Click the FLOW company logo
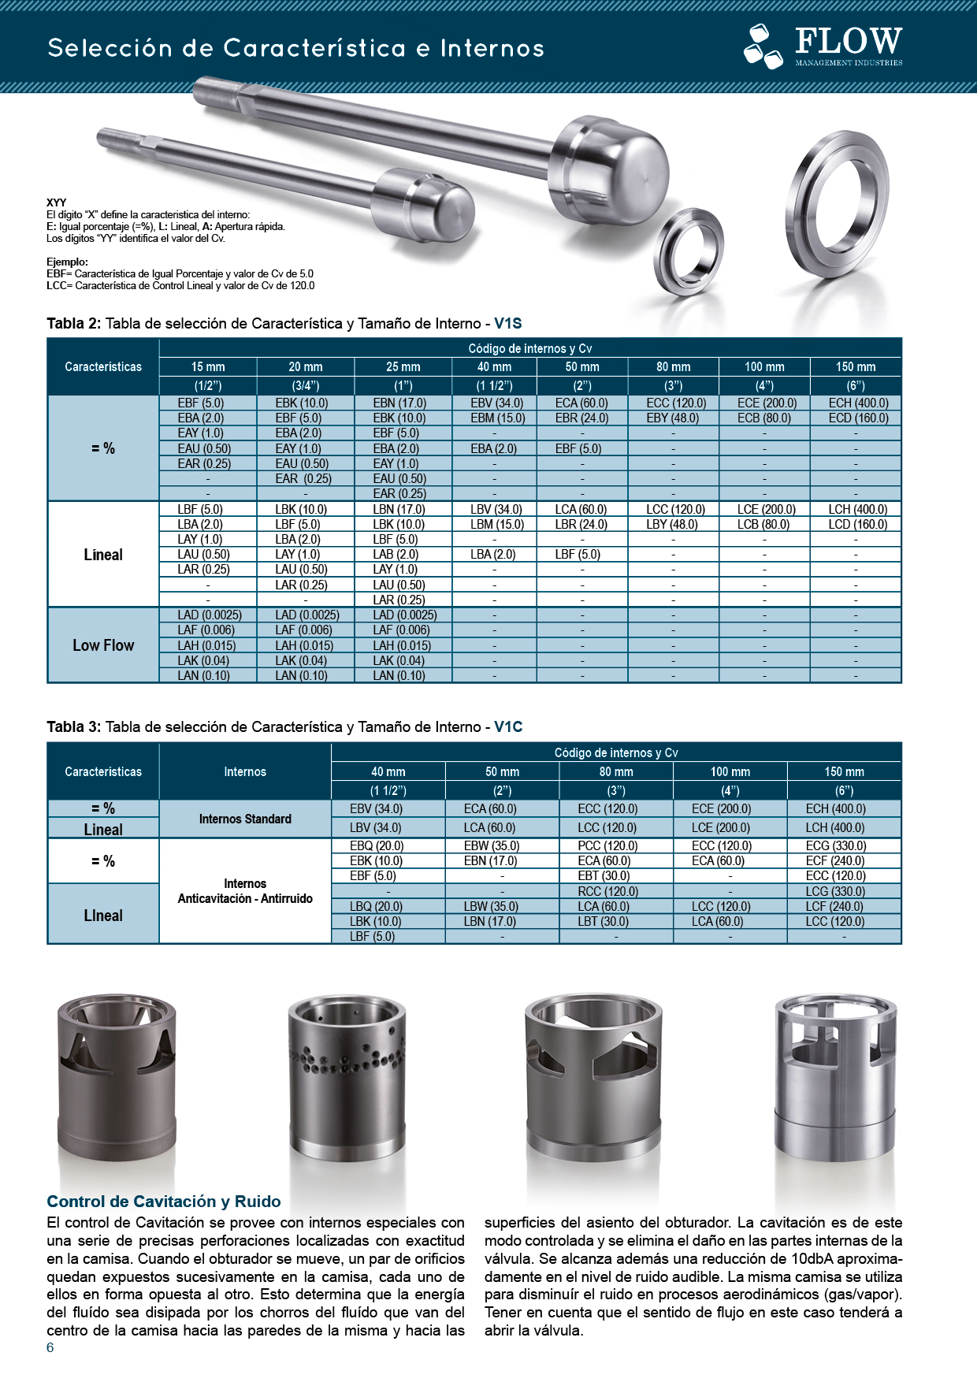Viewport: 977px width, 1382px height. [x=823, y=46]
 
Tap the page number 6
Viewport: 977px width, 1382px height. [x=50, y=1347]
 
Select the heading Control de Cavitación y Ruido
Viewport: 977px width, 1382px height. [x=164, y=1202]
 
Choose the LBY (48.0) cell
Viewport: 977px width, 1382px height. [x=672, y=525]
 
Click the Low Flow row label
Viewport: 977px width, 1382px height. [x=103, y=645]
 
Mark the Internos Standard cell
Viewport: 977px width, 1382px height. [x=245, y=819]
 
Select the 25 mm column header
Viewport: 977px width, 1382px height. [x=403, y=367]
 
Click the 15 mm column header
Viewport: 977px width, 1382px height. [x=208, y=367]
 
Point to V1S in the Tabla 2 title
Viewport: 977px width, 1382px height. [x=508, y=324]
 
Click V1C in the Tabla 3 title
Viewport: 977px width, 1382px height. [x=508, y=727]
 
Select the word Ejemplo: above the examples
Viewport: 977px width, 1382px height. [x=67, y=262]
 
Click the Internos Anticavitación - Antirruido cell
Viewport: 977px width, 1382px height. [x=245, y=891]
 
